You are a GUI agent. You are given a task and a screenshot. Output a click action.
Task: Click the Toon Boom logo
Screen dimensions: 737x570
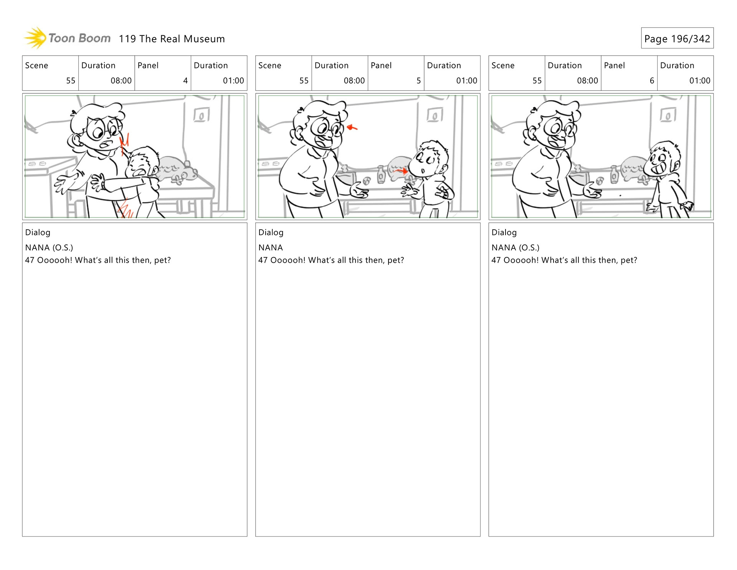[x=67, y=38]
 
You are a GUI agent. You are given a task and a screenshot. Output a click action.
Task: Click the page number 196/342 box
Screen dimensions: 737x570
[x=677, y=38]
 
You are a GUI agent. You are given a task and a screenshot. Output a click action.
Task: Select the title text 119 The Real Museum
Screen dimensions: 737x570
[x=172, y=39]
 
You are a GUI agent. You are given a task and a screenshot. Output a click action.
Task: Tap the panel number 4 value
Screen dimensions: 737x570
[x=185, y=81]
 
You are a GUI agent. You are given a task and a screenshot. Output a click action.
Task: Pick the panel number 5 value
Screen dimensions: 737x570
[x=419, y=81]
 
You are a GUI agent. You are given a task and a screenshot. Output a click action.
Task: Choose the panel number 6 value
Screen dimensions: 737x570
[x=652, y=81]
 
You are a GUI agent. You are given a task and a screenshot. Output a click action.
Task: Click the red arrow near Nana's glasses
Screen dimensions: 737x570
[x=352, y=128]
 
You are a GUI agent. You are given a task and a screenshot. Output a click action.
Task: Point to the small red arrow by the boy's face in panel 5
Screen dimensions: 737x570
[x=402, y=171]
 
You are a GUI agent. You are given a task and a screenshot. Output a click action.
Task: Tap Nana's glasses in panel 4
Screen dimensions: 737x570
[x=103, y=129]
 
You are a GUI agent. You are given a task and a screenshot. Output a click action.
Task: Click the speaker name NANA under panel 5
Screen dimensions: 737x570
[x=271, y=248]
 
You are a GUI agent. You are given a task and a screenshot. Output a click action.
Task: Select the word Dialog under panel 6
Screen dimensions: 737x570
[x=504, y=232]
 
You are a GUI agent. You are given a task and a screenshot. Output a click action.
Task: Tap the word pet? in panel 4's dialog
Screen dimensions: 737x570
[x=162, y=260]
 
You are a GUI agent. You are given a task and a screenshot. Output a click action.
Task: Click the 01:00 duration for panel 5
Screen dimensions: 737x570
[x=466, y=81]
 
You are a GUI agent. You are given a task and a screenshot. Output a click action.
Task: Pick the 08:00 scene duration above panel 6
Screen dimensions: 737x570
[x=587, y=81]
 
